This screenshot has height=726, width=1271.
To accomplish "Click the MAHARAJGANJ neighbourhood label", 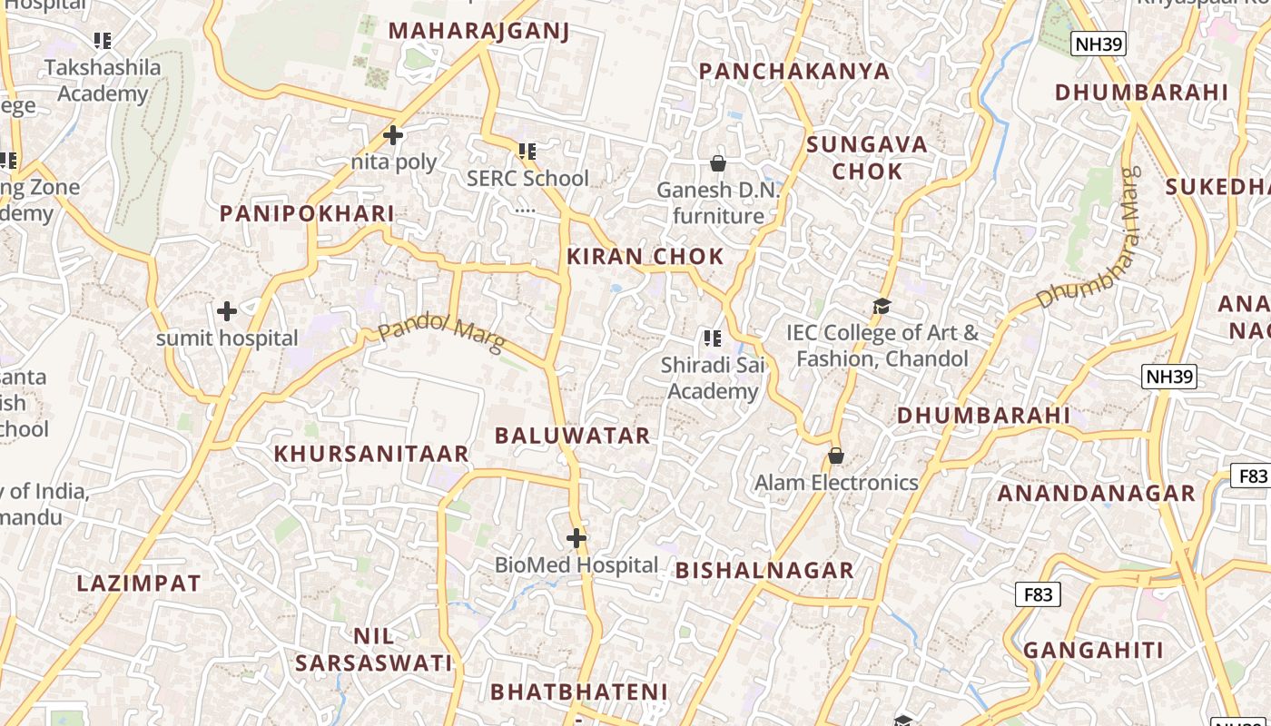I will click(478, 31).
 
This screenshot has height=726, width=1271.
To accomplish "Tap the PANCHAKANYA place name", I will click(794, 72).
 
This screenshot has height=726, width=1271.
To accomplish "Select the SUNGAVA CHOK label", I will click(867, 158).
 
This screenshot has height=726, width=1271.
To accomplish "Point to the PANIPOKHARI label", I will click(307, 214).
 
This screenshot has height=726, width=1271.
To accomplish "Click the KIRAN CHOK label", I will click(645, 257).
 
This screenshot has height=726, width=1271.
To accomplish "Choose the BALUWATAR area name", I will click(572, 436).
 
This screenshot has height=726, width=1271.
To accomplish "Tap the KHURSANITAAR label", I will click(371, 454).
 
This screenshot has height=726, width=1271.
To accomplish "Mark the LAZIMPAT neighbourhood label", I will click(139, 584).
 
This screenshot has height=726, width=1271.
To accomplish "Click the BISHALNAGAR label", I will click(764, 571).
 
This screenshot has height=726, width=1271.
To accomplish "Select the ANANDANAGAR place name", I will click(1096, 494).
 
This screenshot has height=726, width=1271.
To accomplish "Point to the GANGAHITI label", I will click(1093, 651).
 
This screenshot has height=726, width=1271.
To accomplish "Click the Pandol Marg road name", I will click(441, 332).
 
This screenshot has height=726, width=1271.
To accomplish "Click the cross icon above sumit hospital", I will click(227, 311).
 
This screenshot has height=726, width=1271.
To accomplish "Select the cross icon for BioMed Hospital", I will click(576, 538).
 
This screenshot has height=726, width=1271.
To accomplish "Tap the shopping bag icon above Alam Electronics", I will click(836, 456).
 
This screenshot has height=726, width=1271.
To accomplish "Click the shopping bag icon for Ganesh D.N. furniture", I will click(718, 163).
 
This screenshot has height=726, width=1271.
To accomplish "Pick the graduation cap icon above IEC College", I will click(882, 306).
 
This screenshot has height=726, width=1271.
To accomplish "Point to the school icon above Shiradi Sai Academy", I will click(713, 338).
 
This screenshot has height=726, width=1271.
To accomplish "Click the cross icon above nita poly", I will click(393, 135).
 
